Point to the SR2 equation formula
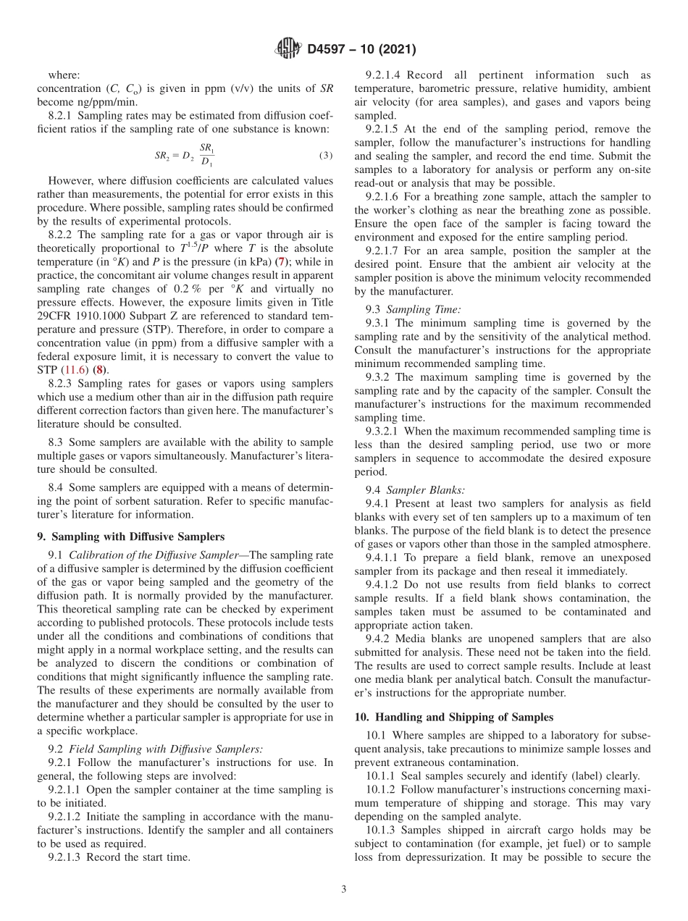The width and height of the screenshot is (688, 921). pos(185,155)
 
